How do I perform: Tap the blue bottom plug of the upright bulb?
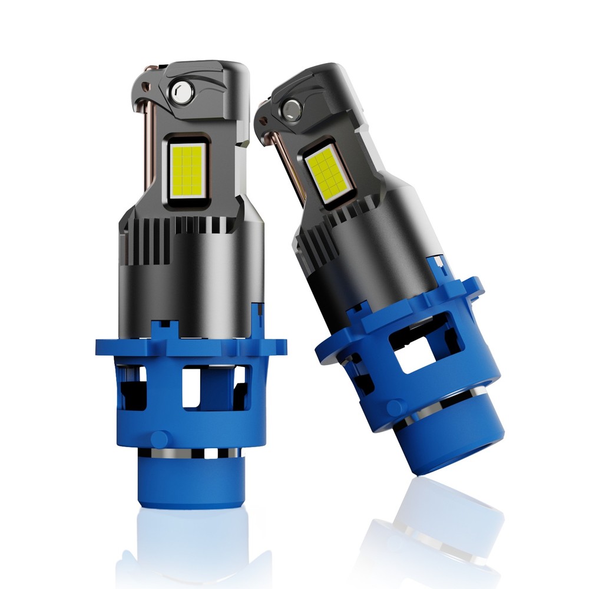pos(190,483)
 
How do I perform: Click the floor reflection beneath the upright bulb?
pos(188,548)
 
